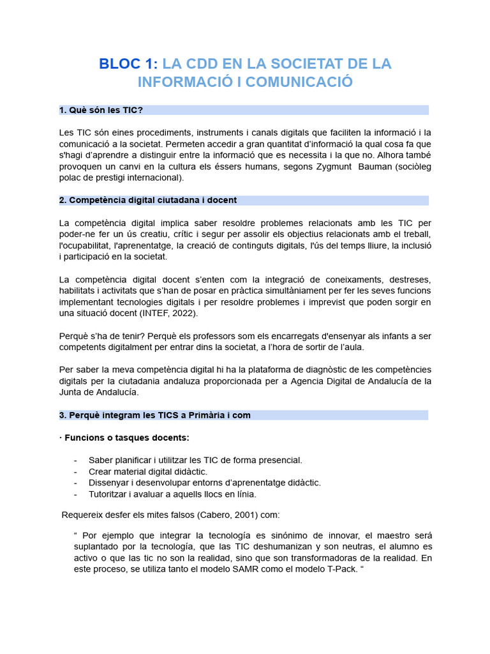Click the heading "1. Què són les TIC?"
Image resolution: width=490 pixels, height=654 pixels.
pos(101,110)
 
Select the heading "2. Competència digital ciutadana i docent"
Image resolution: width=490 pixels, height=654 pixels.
pos(148,200)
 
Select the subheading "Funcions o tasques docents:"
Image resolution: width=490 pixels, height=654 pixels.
pos(128,437)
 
